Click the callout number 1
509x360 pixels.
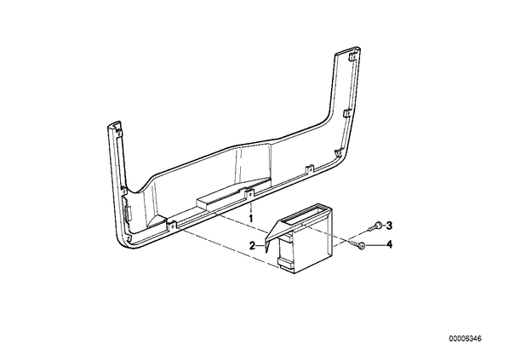(250, 218)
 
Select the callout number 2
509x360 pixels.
(252, 246)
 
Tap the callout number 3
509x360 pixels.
(389, 226)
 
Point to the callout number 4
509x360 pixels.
(389, 244)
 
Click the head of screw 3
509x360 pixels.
(378, 225)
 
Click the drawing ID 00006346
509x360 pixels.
(466, 339)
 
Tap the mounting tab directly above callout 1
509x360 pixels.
(249, 193)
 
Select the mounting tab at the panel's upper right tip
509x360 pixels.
(352, 57)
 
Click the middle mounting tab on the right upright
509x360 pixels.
(346, 113)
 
